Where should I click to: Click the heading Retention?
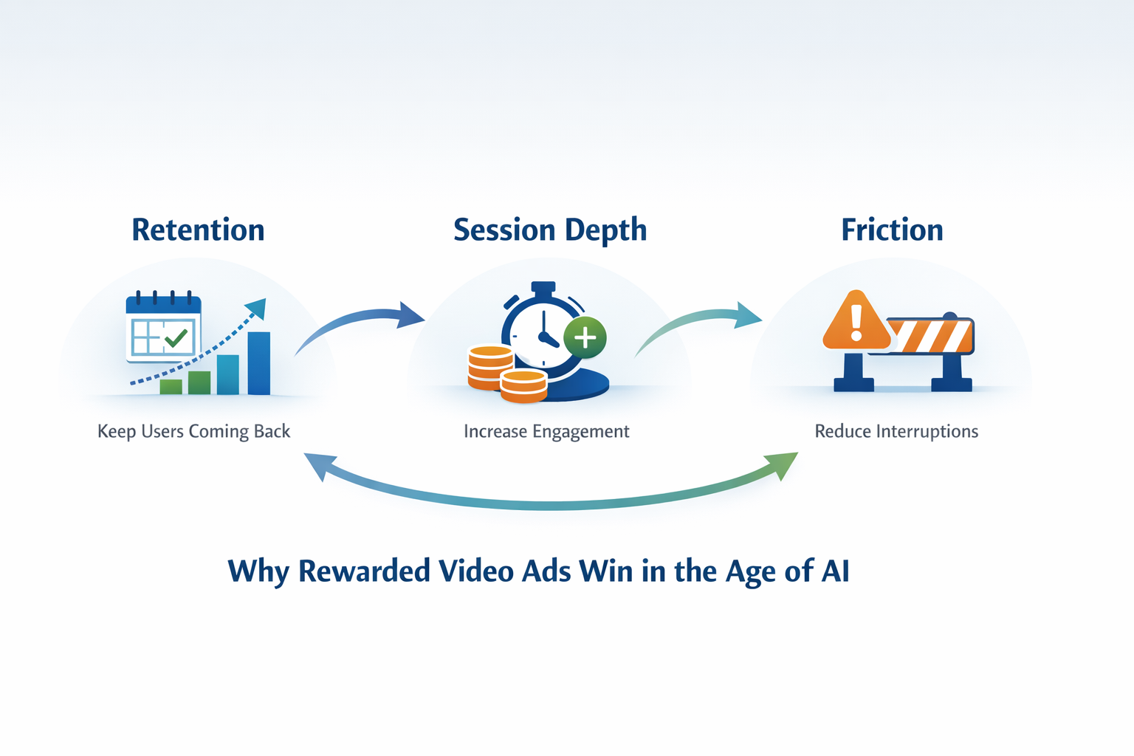click(x=198, y=230)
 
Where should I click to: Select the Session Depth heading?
click(x=550, y=230)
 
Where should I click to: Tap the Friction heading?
click(x=892, y=230)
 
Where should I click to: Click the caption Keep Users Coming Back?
click(x=193, y=431)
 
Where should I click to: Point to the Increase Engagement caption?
click(x=546, y=431)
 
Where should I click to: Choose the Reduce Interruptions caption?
click(x=896, y=431)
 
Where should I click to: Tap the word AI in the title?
click(x=836, y=571)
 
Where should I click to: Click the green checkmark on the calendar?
click(x=176, y=338)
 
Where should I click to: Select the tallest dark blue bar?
click(x=258, y=363)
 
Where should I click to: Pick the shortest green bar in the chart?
click(x=171, y=387)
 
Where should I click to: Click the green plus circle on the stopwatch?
click(x=585, y=337)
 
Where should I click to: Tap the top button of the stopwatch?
click(x=543, y=287)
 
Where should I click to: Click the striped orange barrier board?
click(x=932, y=337)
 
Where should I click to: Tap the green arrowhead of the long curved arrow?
click(x=784, y=465)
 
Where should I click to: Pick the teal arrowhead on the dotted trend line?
click(x=256, y=308)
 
